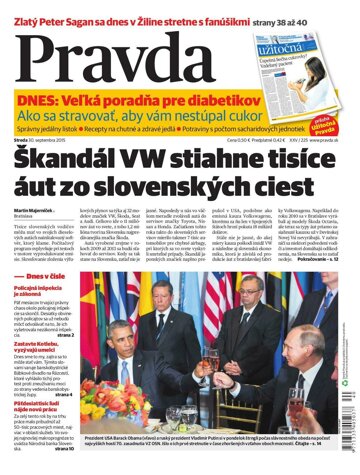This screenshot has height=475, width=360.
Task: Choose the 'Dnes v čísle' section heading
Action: (x=47, y=247)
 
